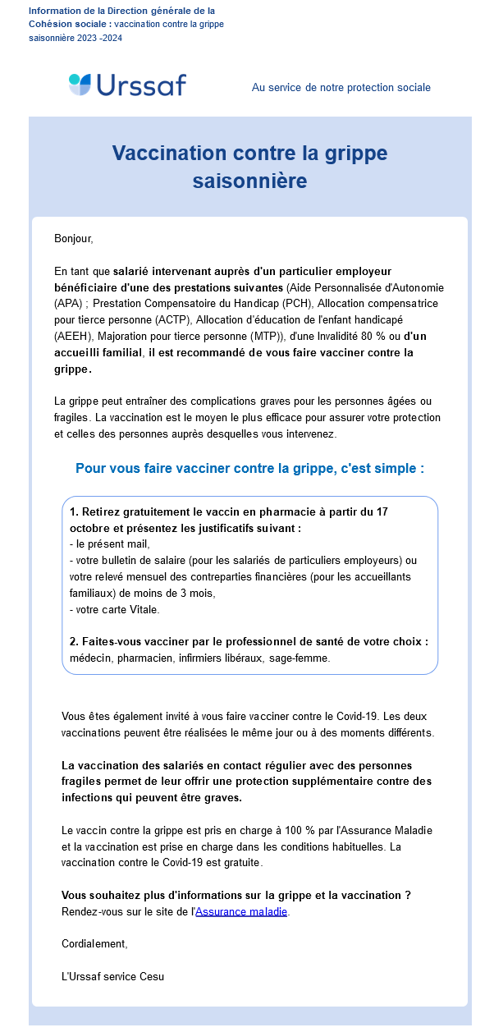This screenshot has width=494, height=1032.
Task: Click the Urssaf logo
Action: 127,85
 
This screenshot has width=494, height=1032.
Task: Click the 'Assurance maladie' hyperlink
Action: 241,911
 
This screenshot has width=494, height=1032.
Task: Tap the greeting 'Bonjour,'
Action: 74,239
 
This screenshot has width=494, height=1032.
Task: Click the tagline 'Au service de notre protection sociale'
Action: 341,87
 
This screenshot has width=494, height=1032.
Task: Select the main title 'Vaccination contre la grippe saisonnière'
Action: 249,166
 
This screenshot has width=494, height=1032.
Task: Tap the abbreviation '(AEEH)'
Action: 75,336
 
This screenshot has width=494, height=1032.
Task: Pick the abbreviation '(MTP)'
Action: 265,336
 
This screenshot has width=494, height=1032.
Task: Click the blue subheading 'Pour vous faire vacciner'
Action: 249,469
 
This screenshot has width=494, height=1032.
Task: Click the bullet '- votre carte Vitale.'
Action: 115,609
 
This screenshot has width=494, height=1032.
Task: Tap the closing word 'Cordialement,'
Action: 94,943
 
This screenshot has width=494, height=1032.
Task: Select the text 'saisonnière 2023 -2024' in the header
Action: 75,38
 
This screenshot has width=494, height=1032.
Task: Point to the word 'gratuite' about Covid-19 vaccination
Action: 244,862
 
